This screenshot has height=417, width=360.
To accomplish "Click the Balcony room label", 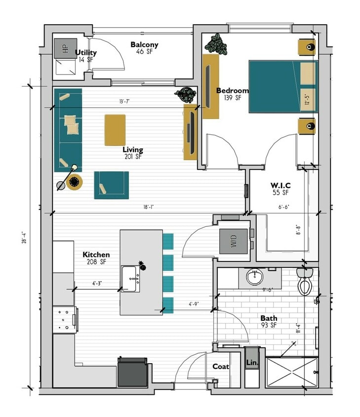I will point(144,45).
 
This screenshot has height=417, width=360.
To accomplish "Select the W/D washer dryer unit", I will point(234,242).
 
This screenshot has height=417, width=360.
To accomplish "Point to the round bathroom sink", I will point(254,277).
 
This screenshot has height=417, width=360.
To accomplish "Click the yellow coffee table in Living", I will point(115,130).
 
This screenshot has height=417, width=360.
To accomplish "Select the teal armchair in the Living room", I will point(111,185).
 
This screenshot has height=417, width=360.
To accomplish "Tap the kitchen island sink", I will point(130,279).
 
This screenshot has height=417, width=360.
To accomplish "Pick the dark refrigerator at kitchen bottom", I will point(132,372).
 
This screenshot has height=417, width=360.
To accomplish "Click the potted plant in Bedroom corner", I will point(216,43).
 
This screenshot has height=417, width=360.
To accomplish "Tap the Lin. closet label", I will point(251,363).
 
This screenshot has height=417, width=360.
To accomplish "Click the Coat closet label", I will point(220,367).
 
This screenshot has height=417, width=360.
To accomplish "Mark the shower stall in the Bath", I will point(291,372).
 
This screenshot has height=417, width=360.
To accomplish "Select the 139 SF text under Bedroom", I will point(232,98).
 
